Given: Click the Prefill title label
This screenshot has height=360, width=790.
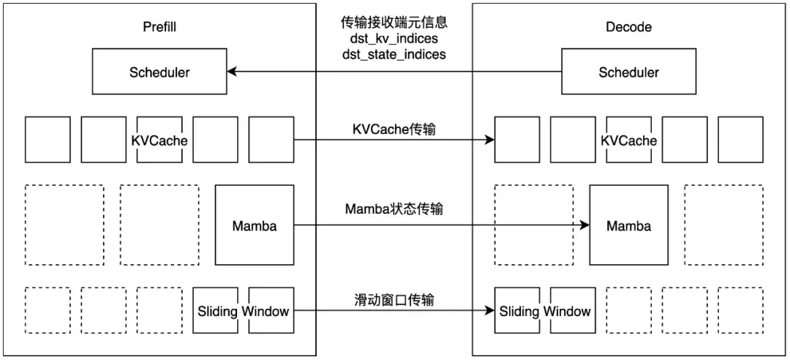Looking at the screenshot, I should pos(159,27).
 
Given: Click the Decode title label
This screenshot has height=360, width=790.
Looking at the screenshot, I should pos(628,27).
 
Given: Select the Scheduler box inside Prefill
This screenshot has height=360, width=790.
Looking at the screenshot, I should pos(159,72).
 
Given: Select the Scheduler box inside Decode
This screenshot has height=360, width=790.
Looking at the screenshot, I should pos(628,72).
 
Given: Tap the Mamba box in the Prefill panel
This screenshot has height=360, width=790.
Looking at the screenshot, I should pos(254,225).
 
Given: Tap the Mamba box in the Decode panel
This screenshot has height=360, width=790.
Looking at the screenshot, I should pos(628,225).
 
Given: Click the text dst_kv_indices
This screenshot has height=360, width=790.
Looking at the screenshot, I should pos(394,39).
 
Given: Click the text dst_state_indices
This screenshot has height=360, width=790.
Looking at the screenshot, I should pos(394,54).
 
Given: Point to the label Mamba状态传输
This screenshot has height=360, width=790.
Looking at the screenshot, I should pos(394,209).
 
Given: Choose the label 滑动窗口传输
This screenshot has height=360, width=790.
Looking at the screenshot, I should pos(394,299).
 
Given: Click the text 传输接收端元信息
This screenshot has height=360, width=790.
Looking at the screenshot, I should pos(394,23).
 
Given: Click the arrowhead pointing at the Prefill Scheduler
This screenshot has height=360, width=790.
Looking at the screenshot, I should pos(231,72).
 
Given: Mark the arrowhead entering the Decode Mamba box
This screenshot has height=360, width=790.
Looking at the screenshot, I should pos(585,225).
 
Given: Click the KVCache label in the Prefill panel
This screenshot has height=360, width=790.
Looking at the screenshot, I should pos(159,140).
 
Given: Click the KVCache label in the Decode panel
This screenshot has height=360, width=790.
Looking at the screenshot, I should pos(628,140).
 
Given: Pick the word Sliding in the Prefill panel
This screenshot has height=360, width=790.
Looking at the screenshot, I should pos(217,311).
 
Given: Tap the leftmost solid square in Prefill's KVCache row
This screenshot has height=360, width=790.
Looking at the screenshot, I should pos(48,139).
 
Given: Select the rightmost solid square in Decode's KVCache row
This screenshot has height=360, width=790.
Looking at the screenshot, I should pos(740,139).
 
